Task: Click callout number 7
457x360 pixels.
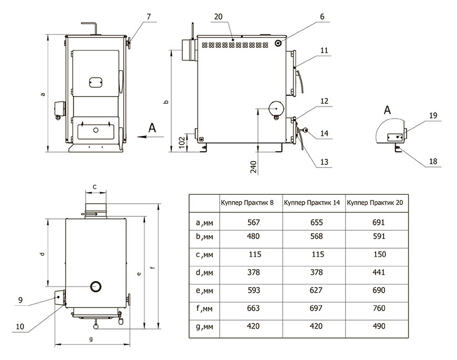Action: pos(149,17)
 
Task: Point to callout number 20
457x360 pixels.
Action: pos(219,17)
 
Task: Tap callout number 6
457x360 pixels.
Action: pos(321,17)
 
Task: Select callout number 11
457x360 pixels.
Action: pos(324,50)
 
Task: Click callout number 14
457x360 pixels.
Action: pos(324,133)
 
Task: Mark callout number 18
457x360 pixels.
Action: pos(432,162)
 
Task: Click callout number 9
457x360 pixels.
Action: pos(20,300)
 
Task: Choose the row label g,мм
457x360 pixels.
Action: pos(204,326)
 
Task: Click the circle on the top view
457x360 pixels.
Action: pos(96,287)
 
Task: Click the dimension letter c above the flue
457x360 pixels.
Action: pos(95,186)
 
